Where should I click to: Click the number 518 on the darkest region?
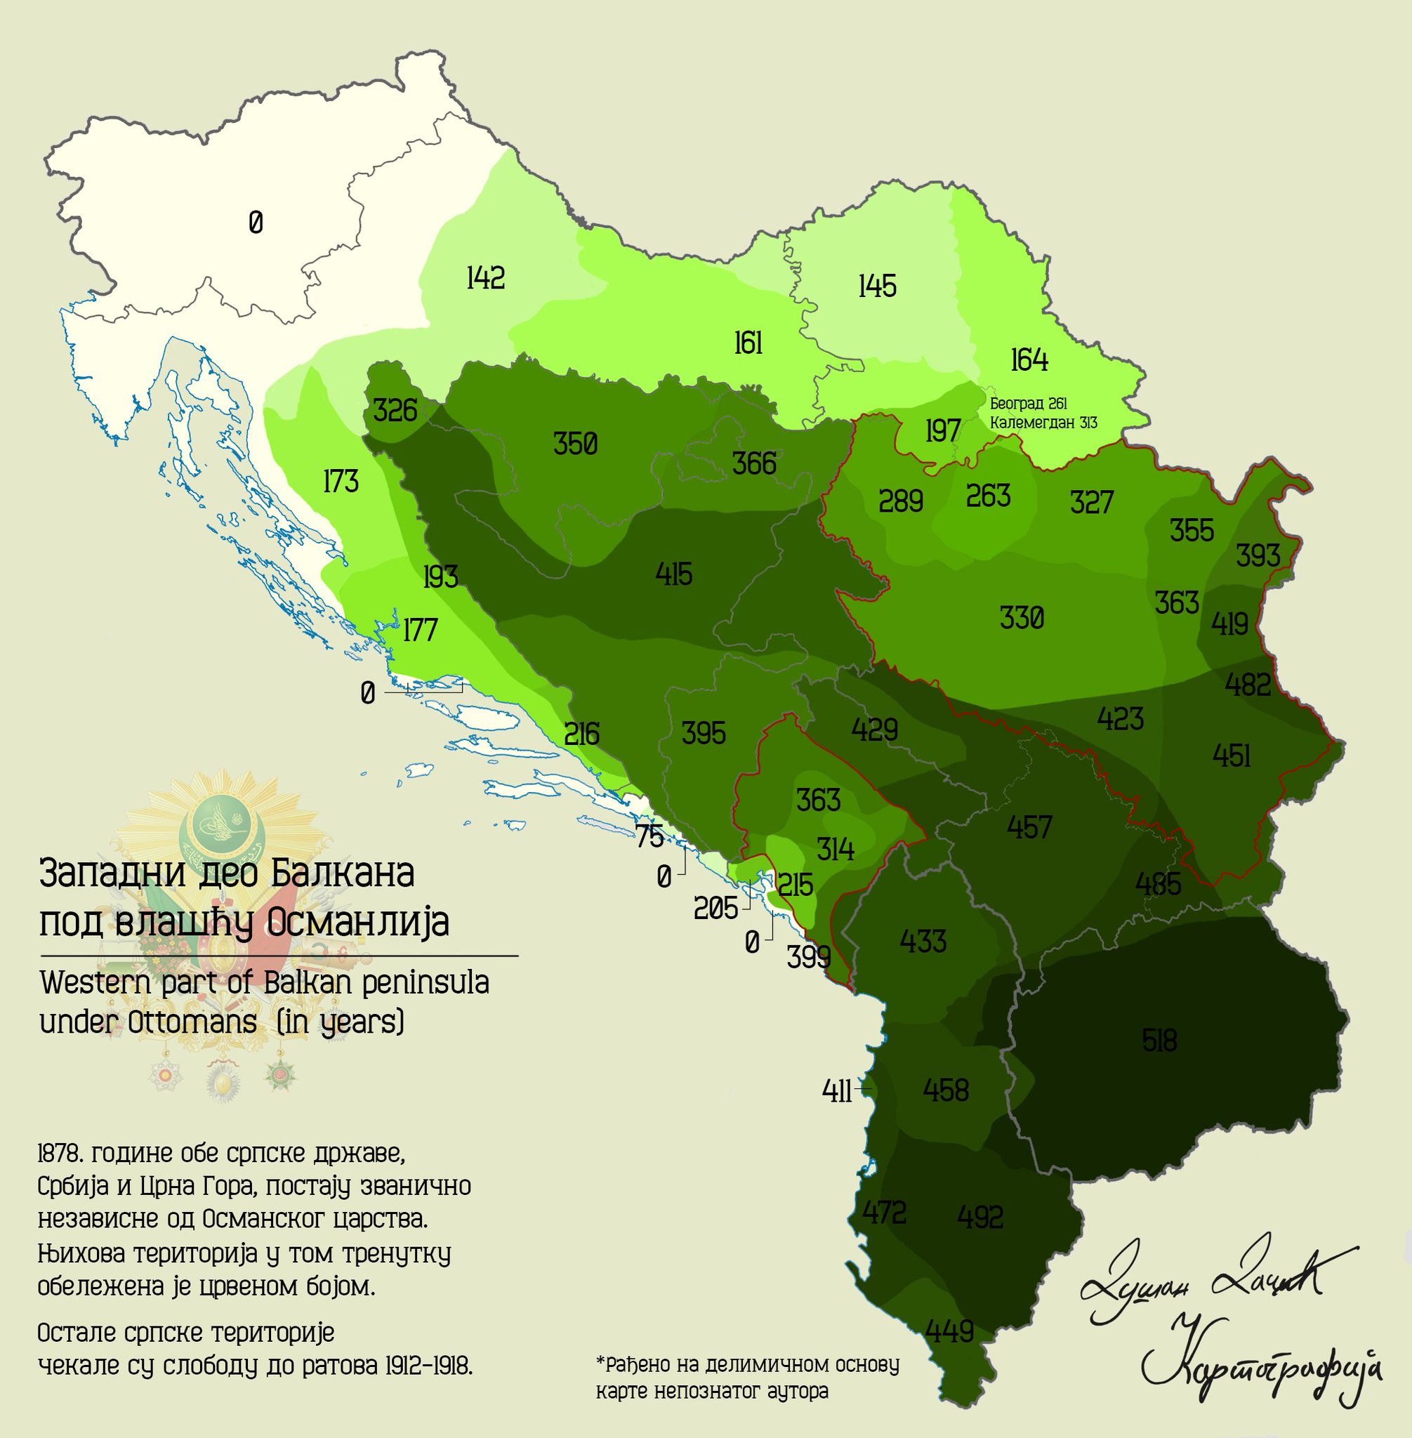point(1159,1041)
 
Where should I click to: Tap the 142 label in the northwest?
point(486,278)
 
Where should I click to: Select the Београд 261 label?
point(1028,404)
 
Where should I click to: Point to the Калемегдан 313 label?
point(1043,423)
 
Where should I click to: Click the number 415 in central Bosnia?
point(673,574)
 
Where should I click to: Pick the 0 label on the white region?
point(256,223)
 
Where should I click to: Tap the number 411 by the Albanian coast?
point(836,1092)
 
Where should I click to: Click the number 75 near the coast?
point(649,836)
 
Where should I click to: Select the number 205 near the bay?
point(715,909)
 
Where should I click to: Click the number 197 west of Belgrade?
point(942,431)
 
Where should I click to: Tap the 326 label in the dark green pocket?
point(395,410)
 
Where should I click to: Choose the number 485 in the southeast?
point(1158,884)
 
